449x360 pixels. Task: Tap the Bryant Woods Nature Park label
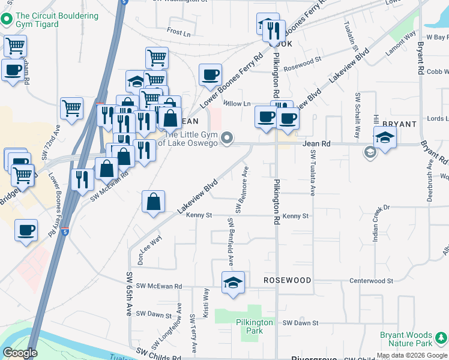tap(414, 339)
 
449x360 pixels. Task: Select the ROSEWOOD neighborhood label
tap(288, 281)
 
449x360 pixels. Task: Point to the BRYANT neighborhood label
tap(399, 124)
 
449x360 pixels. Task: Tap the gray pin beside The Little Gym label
tap(226, 139)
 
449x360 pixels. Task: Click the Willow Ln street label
tap(237, 104)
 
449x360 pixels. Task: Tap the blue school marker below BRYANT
tap(385, 137)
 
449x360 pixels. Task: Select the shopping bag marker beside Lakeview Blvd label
tap(154, 202)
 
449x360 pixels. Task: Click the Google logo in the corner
tap(20, 353)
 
